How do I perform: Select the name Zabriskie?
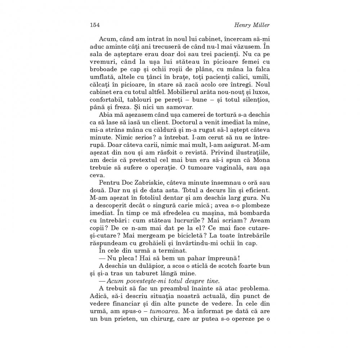coord(146,185)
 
